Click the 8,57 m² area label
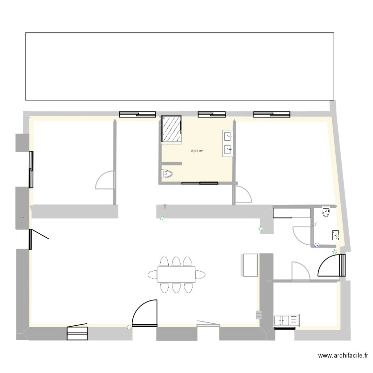(197, 151)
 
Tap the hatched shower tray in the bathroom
(172, 129)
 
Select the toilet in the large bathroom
(167, 174)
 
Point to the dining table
(177, 275)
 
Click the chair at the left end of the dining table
(152, 275)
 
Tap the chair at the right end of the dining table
(201, 275)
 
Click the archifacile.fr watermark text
(343, 356)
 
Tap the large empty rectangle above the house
(179, 66)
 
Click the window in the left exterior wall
(32, 169)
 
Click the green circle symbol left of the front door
(129, 327)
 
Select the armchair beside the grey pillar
(249, 264)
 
